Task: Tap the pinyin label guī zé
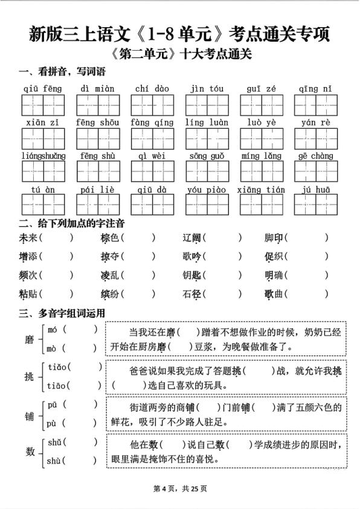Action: pos(261,89)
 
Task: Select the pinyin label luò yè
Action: pos(261,122)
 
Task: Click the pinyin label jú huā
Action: pos(316,189)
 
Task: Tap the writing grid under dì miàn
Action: pos(97,105)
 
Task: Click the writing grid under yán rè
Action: pos(316,138)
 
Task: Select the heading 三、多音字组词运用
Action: pos(62,313)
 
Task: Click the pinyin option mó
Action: pos(52,330)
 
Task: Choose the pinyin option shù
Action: pos(54,461)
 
